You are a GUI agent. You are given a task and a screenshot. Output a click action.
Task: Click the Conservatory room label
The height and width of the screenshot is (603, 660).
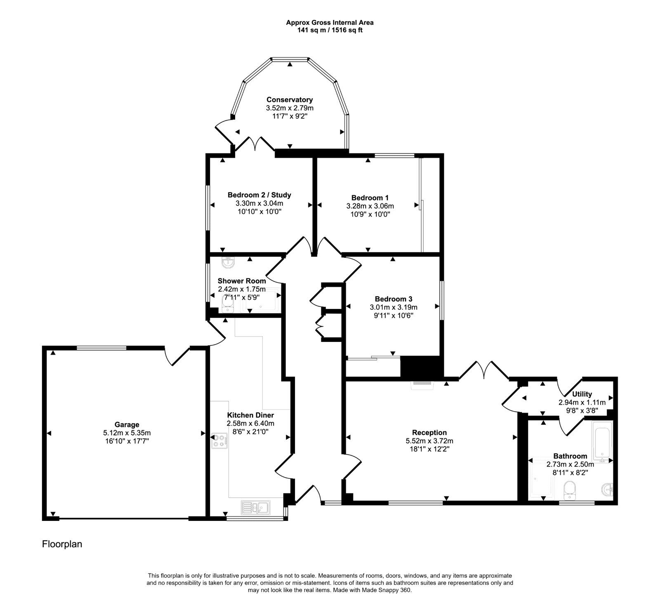(289, 99)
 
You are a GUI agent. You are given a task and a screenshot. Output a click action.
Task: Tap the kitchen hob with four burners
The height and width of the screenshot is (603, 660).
(219, 441)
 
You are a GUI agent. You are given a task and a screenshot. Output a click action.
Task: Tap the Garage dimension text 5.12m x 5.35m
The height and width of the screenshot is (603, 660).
(127, 433)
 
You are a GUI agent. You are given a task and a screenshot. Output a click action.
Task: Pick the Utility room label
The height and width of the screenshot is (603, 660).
(582, 394)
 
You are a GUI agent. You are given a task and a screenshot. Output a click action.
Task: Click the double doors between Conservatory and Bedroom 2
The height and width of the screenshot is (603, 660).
(257, 145)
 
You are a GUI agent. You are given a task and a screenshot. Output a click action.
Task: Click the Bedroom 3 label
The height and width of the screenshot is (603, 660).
(394, 299)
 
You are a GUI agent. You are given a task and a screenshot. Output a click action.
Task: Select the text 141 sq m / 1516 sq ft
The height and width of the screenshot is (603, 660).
(330, 31)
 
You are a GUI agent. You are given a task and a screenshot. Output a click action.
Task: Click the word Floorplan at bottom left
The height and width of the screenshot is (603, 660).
(62, 544)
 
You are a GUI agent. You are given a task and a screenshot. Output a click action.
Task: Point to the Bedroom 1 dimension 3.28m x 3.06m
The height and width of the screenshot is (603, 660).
(370, 206)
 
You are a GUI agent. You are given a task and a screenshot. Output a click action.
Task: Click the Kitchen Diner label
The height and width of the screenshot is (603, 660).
(250, 415)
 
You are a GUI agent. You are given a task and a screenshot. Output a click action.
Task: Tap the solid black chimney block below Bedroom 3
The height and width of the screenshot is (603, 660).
(421, 367)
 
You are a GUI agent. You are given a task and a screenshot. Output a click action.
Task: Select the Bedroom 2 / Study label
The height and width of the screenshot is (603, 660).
(259, 195)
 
